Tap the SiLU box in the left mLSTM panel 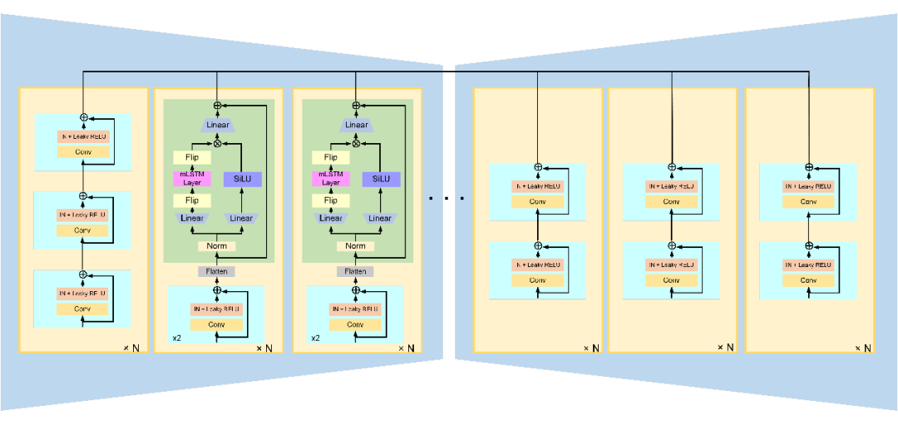click(242, 179)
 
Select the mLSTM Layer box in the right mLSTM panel click(331, 179)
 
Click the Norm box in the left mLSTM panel click(217, 246)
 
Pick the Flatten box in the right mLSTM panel click(355, 271)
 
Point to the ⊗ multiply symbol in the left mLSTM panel click(217, 142)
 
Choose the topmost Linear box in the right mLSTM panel click(356, 125)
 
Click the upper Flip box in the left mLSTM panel click(192, 157)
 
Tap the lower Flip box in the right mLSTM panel click(331, 200)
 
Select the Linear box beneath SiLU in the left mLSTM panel click(241, 219)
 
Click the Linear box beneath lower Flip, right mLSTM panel click(331, 219)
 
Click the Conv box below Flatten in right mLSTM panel click(355, 324)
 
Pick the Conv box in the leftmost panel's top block click(82, 151)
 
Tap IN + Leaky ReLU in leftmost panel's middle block click(82, 215)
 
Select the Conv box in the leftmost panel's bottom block click(82, 309)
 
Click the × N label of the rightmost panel click(862, 348)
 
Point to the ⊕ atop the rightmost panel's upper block click(809, 167)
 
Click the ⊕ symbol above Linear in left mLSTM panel click(217, 106)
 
